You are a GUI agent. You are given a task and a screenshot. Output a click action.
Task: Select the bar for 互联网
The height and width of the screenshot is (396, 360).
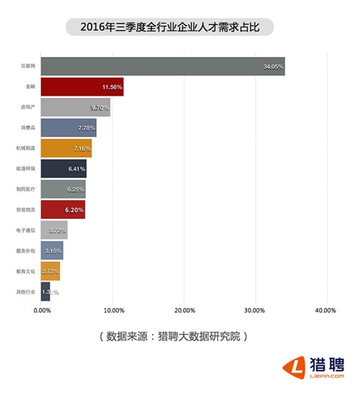point(163,66)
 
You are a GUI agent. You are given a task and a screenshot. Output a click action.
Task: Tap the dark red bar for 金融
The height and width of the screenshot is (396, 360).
point(82,86)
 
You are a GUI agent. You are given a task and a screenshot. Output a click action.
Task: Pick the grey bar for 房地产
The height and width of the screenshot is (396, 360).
point(76,107)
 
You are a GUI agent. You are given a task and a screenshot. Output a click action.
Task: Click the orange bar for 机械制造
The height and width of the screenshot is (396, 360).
point(66,148)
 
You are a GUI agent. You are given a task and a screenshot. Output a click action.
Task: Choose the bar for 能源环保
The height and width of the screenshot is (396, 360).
point(63,168)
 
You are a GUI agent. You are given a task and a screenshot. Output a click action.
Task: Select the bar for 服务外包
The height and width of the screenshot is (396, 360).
point(52,251)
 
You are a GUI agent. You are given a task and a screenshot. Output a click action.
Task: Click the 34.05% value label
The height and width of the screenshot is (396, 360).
point(274,67)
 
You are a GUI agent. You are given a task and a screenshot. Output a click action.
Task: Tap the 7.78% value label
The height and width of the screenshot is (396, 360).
point(84,128)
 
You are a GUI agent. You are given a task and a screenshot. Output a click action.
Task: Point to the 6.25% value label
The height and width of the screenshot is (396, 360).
point(74,189)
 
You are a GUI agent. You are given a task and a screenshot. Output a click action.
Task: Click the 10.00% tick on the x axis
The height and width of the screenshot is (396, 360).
point(113,310)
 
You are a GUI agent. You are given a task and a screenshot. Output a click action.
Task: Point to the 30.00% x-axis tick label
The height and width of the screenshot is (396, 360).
point(255,310)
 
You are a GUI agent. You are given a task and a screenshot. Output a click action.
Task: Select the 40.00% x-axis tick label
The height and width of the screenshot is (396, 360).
point(326,310)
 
